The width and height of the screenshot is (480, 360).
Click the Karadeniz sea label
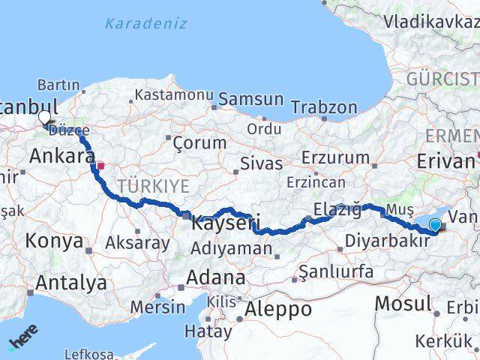145,23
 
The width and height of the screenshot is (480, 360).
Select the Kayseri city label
226,223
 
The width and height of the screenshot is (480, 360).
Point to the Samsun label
250,99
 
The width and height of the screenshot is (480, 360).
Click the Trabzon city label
324,107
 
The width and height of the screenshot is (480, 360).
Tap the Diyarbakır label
388,242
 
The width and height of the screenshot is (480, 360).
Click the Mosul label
403,302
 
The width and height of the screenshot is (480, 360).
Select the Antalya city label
70,283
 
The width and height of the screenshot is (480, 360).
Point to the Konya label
54,241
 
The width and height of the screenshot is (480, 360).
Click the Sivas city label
262,163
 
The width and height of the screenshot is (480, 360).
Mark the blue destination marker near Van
435,224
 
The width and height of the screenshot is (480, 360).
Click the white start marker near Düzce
44,118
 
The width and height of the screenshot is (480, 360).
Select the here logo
23,336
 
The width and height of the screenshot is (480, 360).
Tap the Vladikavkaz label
430,21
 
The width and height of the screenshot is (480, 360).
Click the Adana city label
215,277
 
